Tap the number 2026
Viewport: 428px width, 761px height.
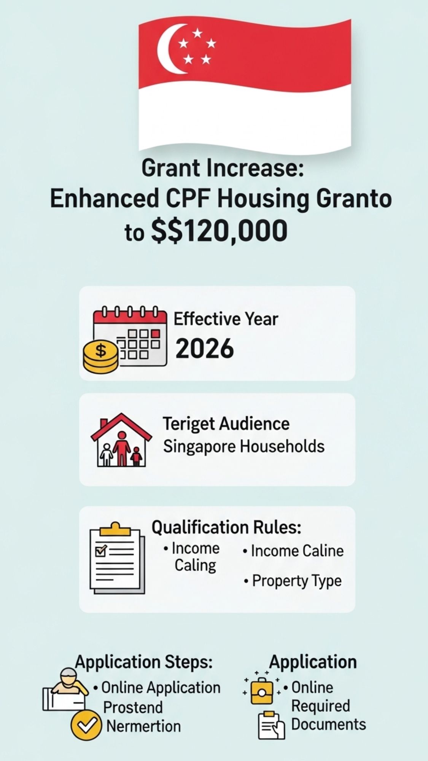pos(205,349)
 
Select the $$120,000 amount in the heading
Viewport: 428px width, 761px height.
pos(219,231)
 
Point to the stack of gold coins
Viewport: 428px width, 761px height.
pos(100,357)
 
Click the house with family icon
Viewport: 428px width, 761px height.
pos(121,440)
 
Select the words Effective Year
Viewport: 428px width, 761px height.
pos(226,319)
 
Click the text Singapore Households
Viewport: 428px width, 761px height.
pos(244,446)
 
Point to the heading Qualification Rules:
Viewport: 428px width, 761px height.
pos(227,527)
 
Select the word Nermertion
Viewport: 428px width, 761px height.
pos(143,726)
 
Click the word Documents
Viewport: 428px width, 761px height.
pos(329,724)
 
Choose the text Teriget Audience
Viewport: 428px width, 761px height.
pos(226,423)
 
